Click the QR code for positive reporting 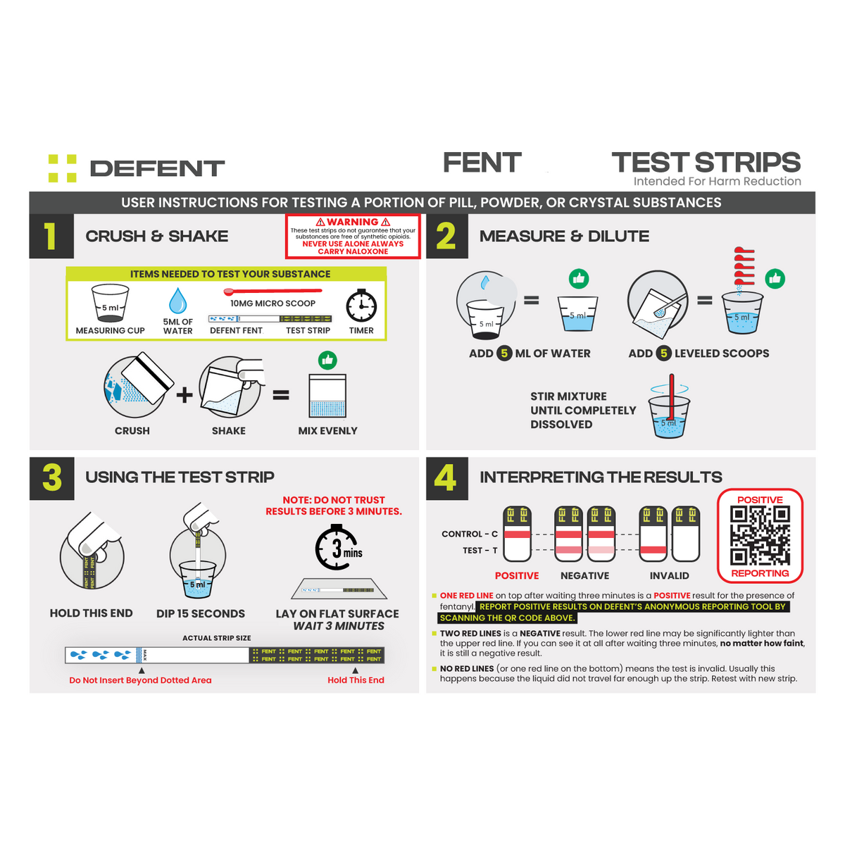click(760, 536)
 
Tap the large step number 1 click(51, 237)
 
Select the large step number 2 click(446, 237)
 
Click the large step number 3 click(52, 477)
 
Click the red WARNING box click(353, 237)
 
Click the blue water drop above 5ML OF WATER click(177, 301)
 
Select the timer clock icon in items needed click(361, 306)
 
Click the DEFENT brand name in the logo click(157, 169)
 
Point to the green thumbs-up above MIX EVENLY click(327, 361)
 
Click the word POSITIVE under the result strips click(517, 576)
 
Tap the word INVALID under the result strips click(669, 576)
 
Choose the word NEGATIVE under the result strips click(584, 576)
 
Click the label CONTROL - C click(470, 534)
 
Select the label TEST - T click(480, 551)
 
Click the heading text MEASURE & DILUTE click(564, 237)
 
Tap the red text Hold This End click(356, 680)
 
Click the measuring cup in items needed click(111, 303)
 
